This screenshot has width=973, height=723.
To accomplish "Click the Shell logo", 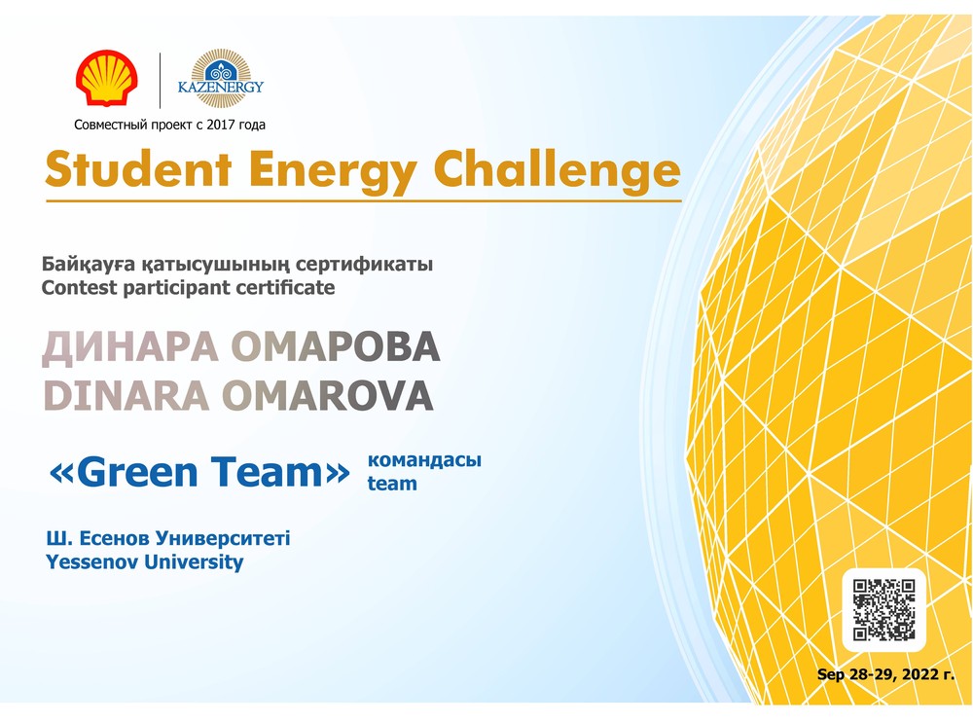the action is pyautogui.click(x=107, y=78).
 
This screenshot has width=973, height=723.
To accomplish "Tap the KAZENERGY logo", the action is pyautogui.click(x=220, y=79).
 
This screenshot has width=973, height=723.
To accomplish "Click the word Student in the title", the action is pyautogui.click(x=138, y=169).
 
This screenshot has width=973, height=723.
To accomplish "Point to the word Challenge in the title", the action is pyautogui.click(x=557, y=170).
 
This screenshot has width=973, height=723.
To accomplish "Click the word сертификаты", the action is pyautogui.click(x=364, y=265).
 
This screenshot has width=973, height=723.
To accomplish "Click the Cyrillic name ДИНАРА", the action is pyautogui.click(x=130, y=346).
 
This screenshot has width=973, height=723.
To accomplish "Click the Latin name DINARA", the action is pyautogui.click(x=126, y=395).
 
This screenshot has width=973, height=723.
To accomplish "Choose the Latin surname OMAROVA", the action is pyautogui.click(x=327, y=395).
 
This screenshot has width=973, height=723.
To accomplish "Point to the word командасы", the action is pyautogui.click(x=424, y=460).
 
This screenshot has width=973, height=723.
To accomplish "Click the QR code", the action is pyautogui.click(x=883, y=609).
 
